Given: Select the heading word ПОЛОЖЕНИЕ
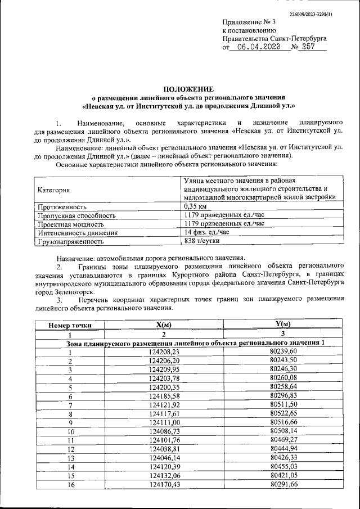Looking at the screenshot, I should click(x=188, y=89).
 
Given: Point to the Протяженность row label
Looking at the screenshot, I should click(x=61, y=206).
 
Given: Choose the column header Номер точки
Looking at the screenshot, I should click(x=70, y=325).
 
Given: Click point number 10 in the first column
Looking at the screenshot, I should click(x=70, y=431).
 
